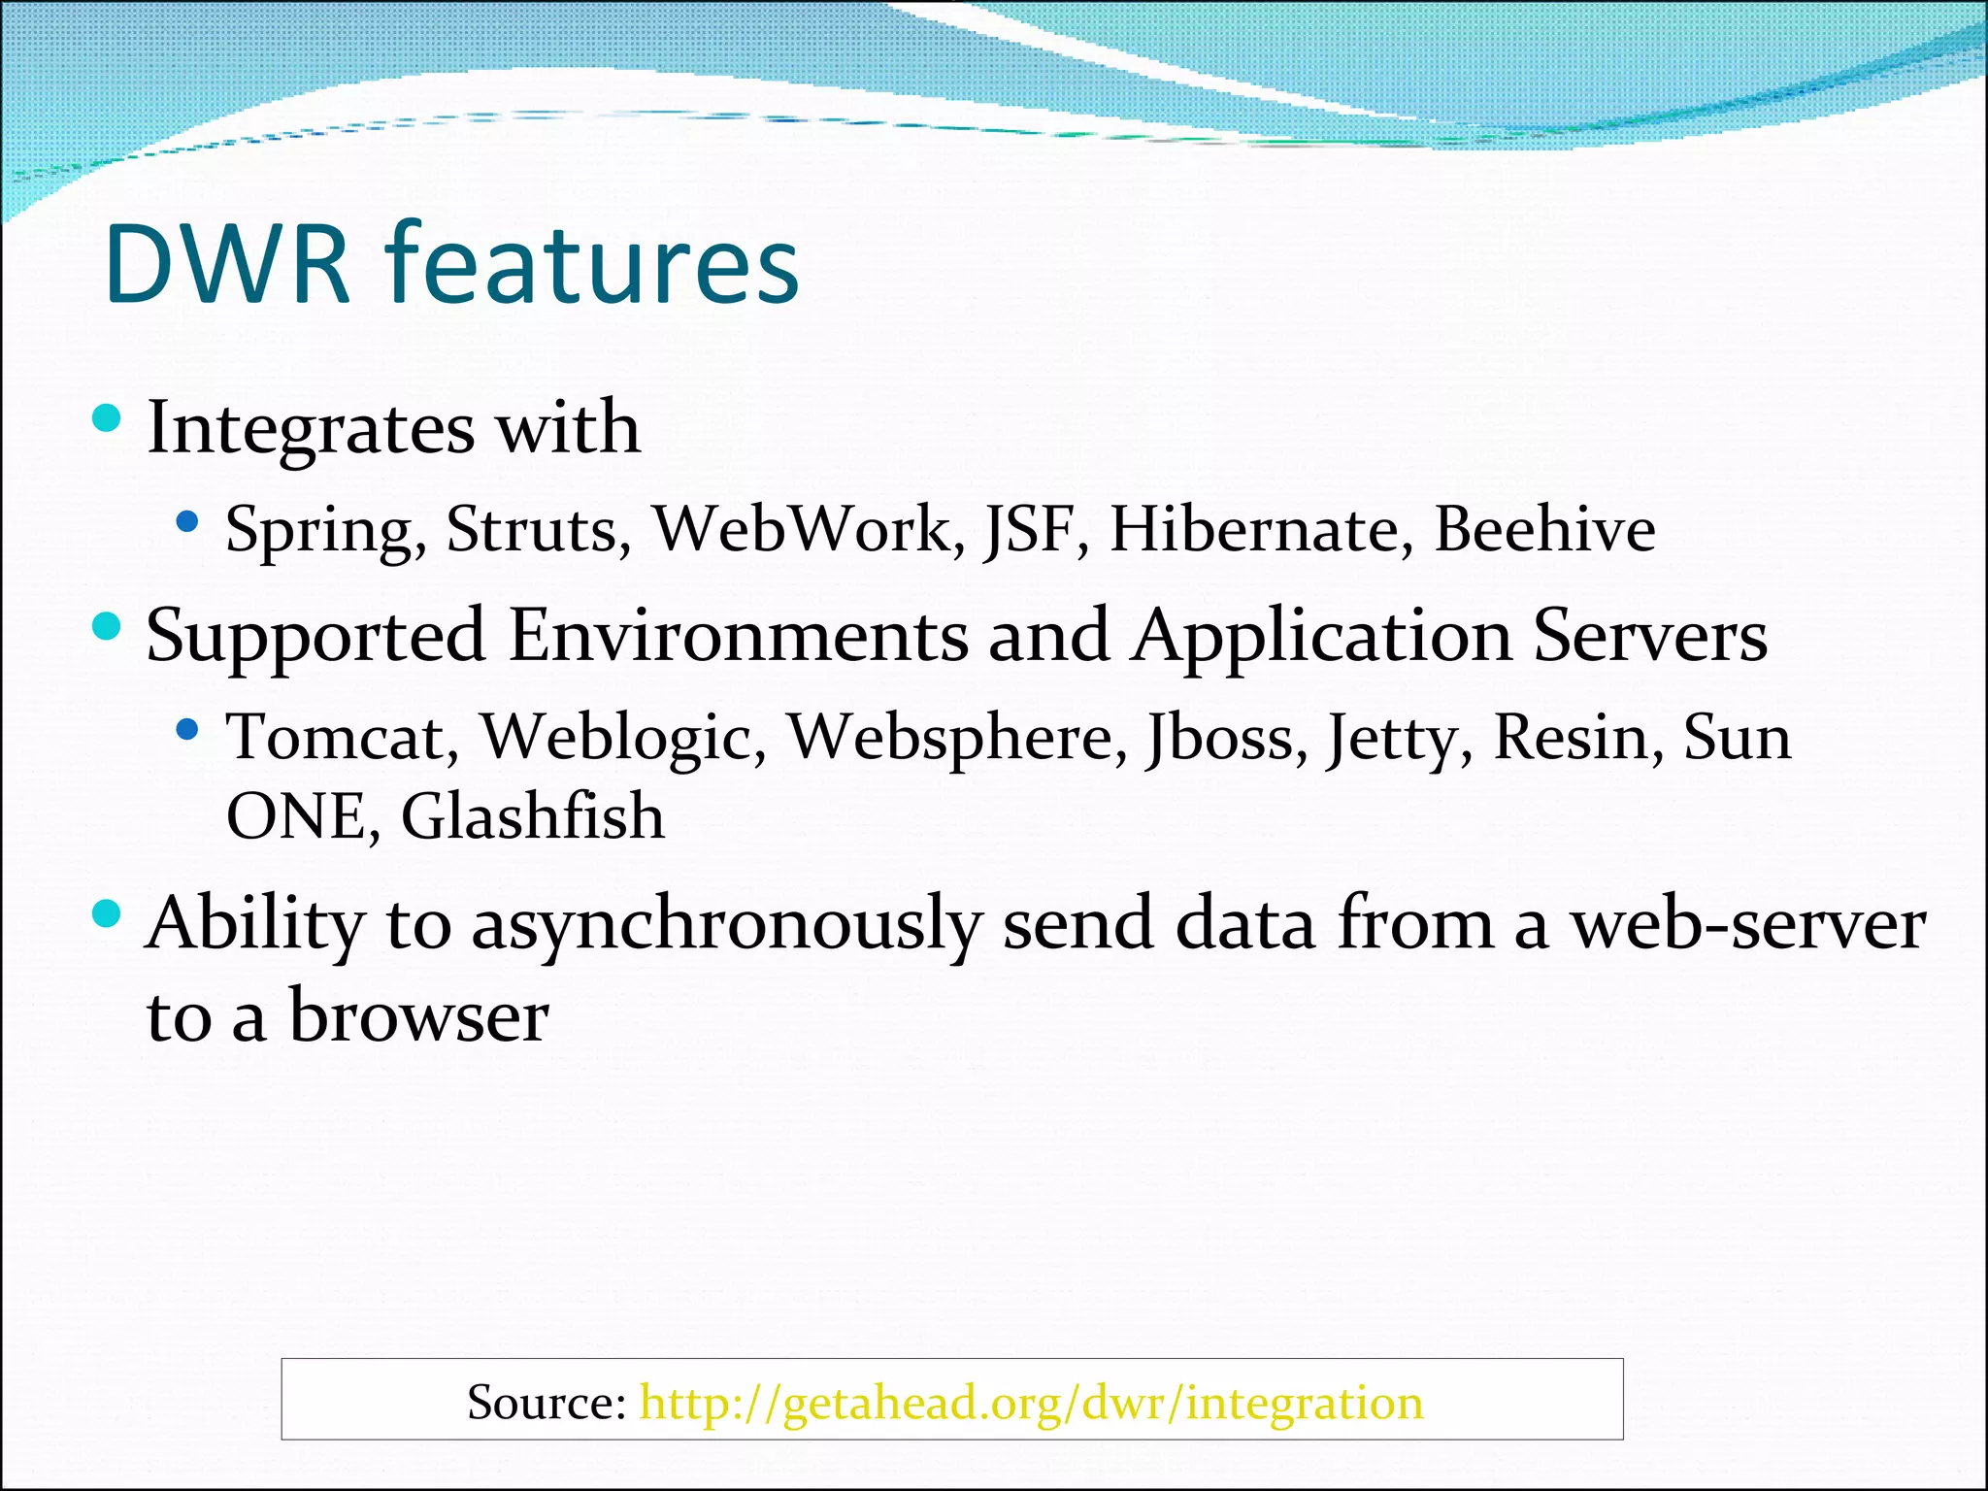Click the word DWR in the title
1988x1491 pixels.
(x=225, y=265)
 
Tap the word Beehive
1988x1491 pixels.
(x=1544, y=529)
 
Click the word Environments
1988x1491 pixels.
(x=738, y=635)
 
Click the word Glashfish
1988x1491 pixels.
(x=533, y=815)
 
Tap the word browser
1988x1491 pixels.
(x=419, y=1017)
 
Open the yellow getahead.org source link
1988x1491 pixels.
(x=1031, y=1403)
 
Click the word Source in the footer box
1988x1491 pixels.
(x=546, y=1403)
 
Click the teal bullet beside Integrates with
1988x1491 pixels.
(x=106, y=419)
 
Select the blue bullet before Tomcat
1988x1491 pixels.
(x=187, y=728)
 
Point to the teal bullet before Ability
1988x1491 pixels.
(x=106, y=913)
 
